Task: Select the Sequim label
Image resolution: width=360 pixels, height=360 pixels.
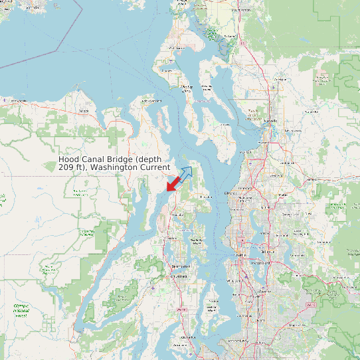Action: tap(82, 111)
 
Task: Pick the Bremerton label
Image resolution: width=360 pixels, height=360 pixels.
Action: tap(179, 267)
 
